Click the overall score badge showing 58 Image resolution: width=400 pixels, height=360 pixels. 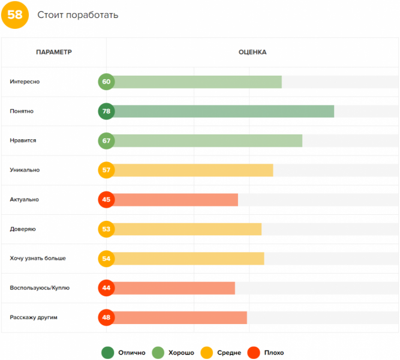click(x=15, y=14)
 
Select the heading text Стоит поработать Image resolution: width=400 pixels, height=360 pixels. click(x=77, y=15)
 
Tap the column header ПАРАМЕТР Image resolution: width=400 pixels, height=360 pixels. click(x=54, y=52)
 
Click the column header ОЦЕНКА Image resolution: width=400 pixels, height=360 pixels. click(x=252, y=52)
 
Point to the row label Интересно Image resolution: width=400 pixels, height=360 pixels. click(x=25, y=82)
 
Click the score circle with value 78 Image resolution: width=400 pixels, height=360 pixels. click(x=107, y=111)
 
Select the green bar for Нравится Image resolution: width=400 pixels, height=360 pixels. click(x=207, y=140)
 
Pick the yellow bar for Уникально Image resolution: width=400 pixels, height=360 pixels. click(x=192, y=170)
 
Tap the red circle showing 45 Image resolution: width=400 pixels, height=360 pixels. click(x=107, y=199)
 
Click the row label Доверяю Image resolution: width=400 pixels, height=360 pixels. click(x=23, y=229)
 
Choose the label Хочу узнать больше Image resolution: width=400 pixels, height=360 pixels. click(x=38, y=258)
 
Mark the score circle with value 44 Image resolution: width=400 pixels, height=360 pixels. click(x=107, y=287)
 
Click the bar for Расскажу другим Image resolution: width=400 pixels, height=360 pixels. click(x=180, y=317)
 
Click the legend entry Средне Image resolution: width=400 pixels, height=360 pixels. click(x=222, y=352)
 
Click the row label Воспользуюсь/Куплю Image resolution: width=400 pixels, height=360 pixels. click(x=40, y=287)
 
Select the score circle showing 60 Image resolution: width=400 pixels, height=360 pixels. click(x=107, y=82)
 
